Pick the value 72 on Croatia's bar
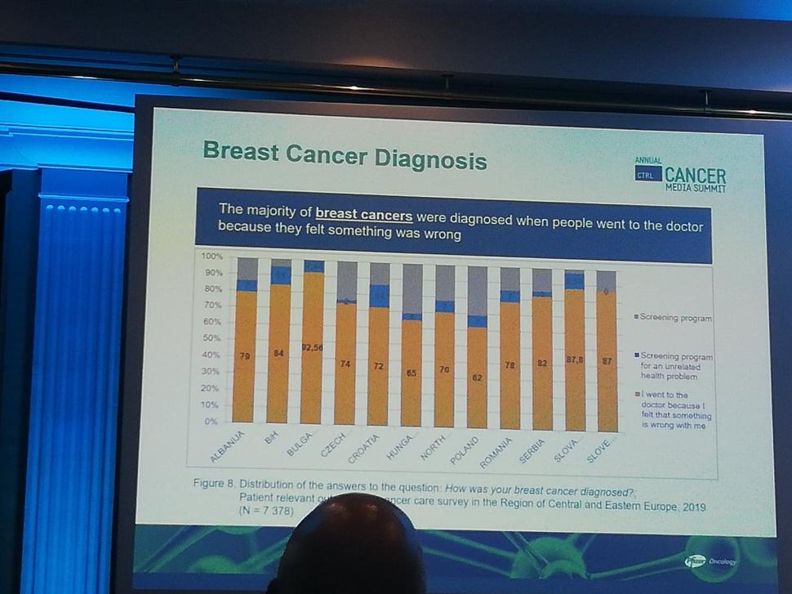tap(379, 366)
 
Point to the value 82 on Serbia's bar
tap(541, 362)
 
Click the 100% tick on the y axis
tap(211, 257)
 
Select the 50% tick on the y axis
tap(211, 337)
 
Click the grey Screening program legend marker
tap(637, 317)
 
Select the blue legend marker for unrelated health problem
tap(637, 355)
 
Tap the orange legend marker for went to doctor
tap(637, 395)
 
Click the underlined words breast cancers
tap(364, 215)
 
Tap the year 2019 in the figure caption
tap(689, 507)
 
